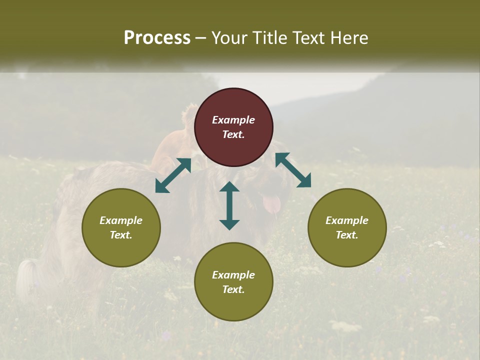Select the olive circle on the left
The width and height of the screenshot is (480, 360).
tap(121, 227)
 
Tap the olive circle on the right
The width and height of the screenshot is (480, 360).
tap(347, 227)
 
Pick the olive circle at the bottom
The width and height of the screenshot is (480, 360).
tap(233, 282)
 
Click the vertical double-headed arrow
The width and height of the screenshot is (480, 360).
tap(229, 205)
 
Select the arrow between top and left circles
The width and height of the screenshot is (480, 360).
tap(173, 175)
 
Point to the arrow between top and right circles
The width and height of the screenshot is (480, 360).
tap(293, 170)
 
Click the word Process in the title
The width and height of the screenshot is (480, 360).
tap(157, 38)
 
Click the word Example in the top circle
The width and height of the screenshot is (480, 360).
tap(233, 120)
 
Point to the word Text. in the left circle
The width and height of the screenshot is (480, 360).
tap(121, 235)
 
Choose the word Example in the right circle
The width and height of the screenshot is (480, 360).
tap(347, 220)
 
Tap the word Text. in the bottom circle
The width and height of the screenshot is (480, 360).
tap(233, 289)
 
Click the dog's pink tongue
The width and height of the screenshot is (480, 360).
tap(271, 203)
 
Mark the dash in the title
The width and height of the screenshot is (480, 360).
tap(201, 38)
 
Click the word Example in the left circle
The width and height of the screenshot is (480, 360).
tap(121, 220)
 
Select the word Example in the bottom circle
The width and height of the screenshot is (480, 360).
tap(233, 275)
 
